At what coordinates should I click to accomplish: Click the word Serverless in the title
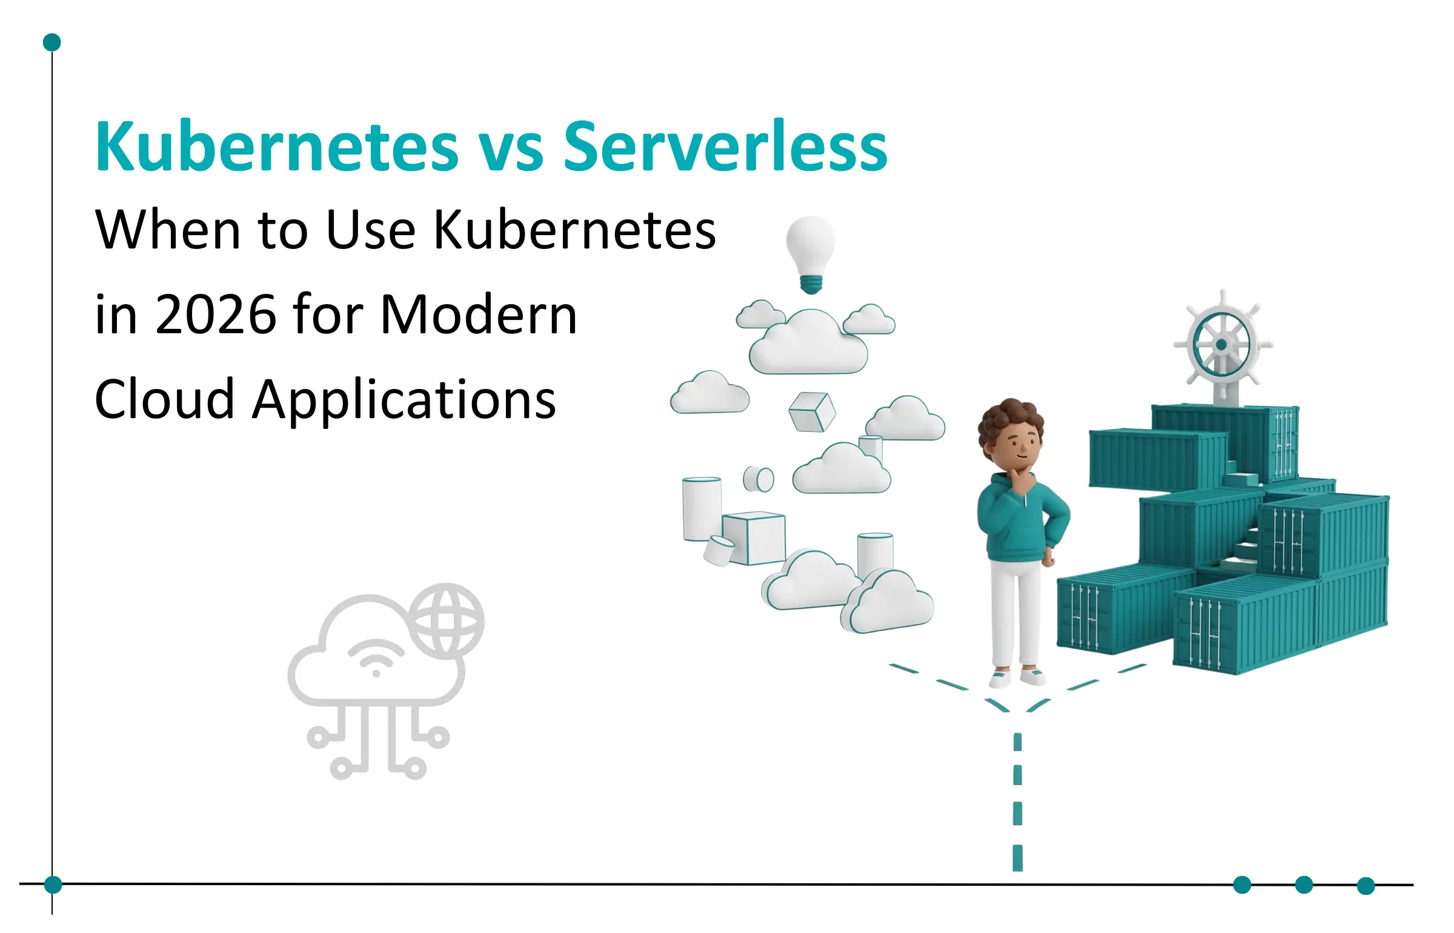pyautogui.click(x=725, y=147)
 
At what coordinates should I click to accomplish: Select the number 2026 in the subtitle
pyautogui.click(x=216, y=315)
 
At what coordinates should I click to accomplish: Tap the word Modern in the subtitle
pyautogui.click(x=479, y=315)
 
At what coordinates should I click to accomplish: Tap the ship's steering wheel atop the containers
pyautogui.click(x=1221, y=344)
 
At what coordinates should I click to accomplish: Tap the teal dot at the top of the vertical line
pyautogui.click(x=52, y=42)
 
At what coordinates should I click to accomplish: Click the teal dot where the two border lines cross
pyautogui.click(x=53, y=885)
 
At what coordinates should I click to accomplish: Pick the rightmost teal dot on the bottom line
pyautogui.click(x=1366, y=886)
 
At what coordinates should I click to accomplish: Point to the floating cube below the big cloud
pyautogui.click(x=812, y=412)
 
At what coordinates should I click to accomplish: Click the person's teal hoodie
pyautogui.click(x=1021, y=518)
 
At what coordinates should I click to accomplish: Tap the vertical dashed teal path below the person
pyautogui.click(x=1018, y=800)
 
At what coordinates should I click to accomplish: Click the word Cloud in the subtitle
pyautogui.click(x=164, y=400)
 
